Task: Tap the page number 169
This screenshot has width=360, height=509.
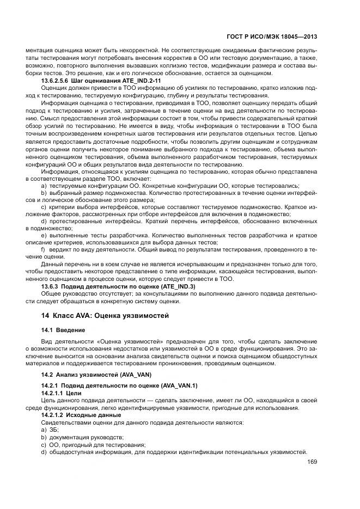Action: [312, 462]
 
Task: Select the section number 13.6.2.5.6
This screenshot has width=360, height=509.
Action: [56, 81]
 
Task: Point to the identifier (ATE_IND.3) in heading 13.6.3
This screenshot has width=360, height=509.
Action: [176, 286]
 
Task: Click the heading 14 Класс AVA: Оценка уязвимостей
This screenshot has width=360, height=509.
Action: [105, 315]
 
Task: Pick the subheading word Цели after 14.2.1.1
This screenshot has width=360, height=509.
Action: [76, 392]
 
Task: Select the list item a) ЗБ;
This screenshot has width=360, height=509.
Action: [50, 430]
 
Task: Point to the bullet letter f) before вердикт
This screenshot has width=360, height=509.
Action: [43, 249]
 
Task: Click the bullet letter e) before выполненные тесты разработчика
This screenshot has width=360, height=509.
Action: [44, 235]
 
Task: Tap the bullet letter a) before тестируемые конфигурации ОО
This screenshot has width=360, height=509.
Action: [44, 186]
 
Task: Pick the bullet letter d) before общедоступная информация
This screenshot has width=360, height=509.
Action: [44, 452]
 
